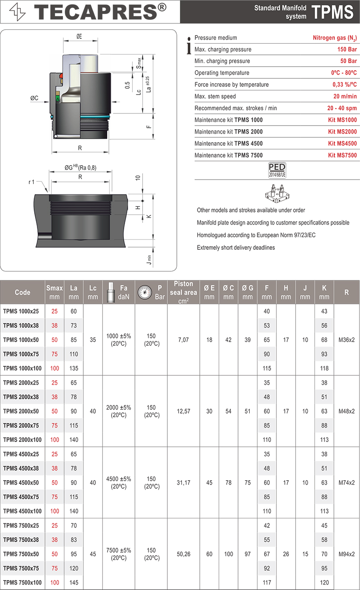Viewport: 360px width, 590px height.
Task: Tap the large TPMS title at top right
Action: coord(333,12)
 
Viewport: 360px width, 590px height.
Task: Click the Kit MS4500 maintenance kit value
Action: coord(342,144)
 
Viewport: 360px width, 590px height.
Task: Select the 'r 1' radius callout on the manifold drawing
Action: coord(31,182)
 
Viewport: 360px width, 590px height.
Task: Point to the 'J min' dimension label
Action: coord(149,260)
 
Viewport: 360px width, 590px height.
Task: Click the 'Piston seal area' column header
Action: coord(183,292)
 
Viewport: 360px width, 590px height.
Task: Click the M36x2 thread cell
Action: coord(346,340)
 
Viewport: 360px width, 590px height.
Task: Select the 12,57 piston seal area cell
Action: coord(183,411)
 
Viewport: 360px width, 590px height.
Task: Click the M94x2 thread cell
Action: coord(346,554)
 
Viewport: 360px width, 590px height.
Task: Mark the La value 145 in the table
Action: coord(73,583)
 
